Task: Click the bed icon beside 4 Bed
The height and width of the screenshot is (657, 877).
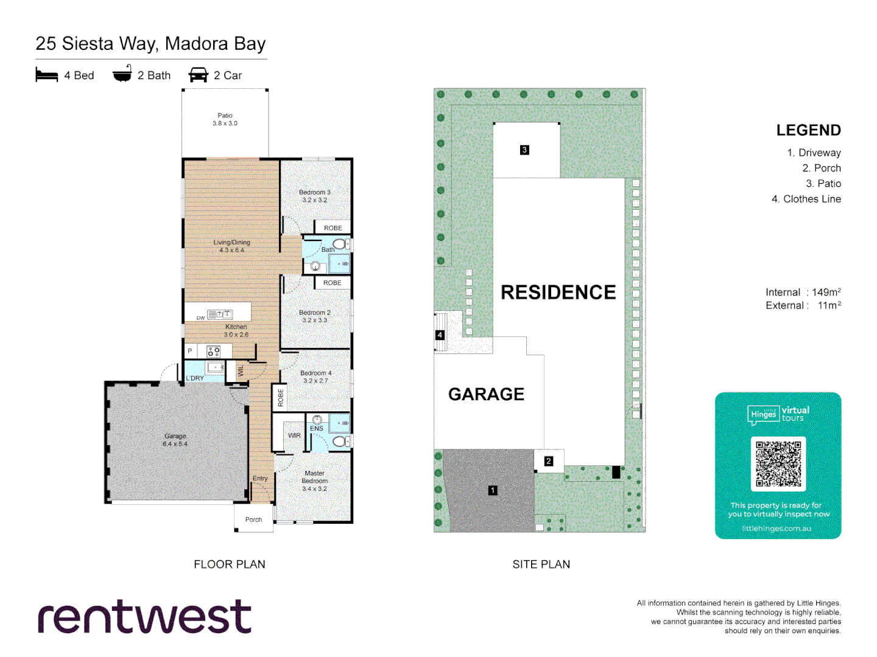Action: pyautogui.click(x=46, y=75)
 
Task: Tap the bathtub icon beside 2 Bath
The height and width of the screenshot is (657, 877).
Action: pyautogui.click(x=122, y=74)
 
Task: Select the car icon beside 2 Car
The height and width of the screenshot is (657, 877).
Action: pyautogui.click(x=198, y=75)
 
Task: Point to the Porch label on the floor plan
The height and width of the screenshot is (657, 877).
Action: pyautogui.click(x=253, y=520)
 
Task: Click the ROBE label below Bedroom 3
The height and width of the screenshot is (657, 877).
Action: pyautogui.click(x=333, y=228)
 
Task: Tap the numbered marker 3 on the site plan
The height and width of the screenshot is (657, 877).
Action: pyautogui.click(x=524, y=150)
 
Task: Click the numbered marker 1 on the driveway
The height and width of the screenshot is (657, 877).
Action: pyautogui.click(x=493, y=490)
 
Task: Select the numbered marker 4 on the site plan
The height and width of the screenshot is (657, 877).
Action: pyautogui.click(x=440, y=335)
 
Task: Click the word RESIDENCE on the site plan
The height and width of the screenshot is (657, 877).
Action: pyautogui.click(x=558, y=293)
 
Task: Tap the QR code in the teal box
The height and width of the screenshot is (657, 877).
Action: pyautogui.click(x=778, y=464)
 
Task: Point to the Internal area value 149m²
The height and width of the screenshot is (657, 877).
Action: pyautogui.click(x=826, y=292)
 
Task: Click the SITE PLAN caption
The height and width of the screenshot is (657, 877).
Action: pyautogui.click(x=541, y=565)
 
